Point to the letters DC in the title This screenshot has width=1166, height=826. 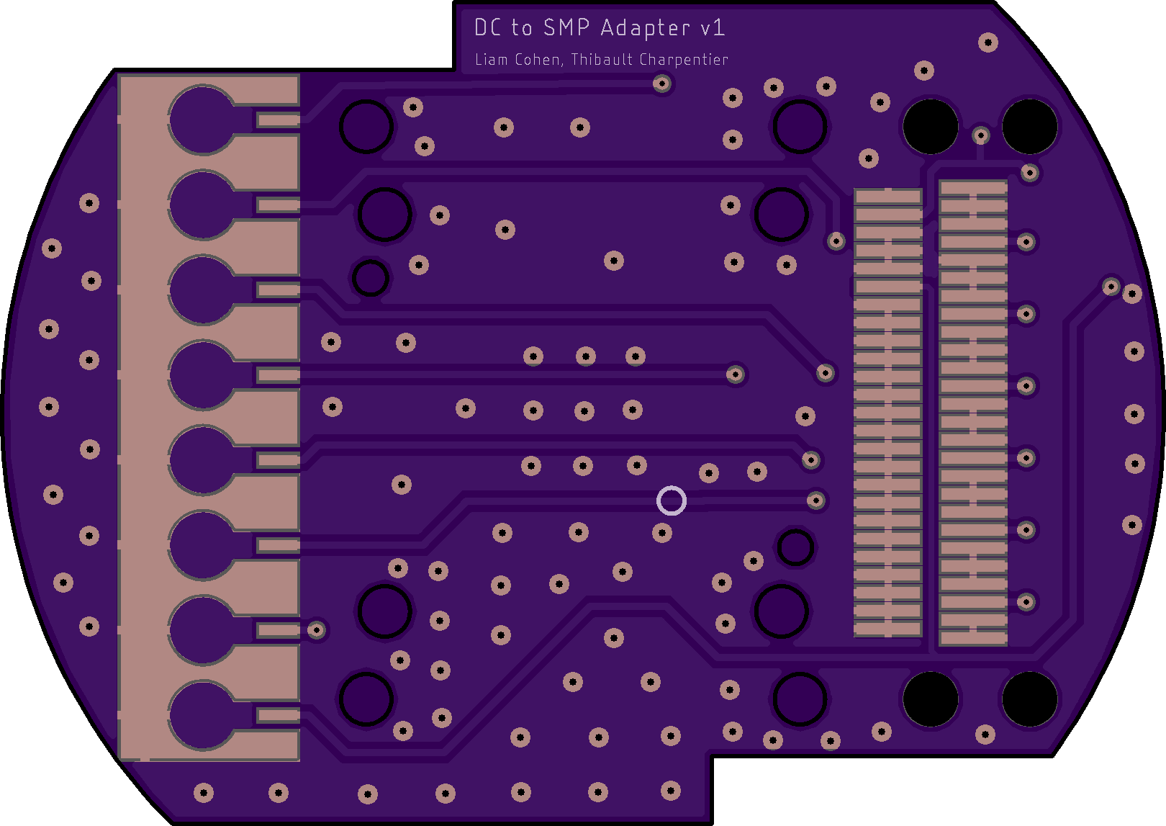(487, 27)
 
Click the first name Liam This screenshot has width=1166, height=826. (491, 59)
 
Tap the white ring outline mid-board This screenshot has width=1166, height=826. (672, 500)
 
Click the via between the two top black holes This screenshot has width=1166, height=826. (980, 135)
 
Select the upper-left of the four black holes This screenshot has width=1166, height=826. (930, 127)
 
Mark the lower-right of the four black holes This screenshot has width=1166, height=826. (1029, 699)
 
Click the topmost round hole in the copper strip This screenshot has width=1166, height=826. (202, 120)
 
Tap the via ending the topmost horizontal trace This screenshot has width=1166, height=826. (662, 84)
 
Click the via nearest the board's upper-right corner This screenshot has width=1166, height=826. (988, 42)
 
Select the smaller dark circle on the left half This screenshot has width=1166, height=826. (371, 278)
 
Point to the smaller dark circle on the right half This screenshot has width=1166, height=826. (795, 547)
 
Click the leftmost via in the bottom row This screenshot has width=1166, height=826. (204, 793)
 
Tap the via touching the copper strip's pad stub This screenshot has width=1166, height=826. (317, 630)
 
